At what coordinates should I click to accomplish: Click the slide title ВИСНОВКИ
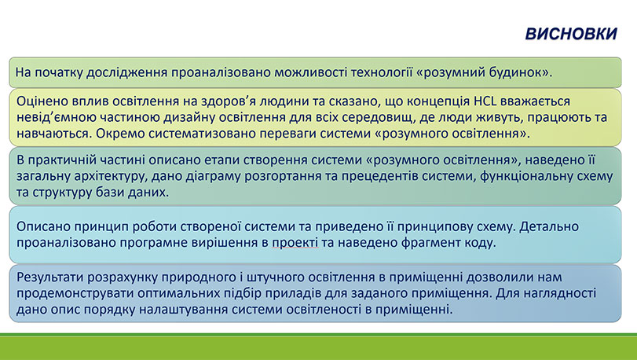(x=569, y=35)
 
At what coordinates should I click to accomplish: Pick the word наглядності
(x=558, y=293)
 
